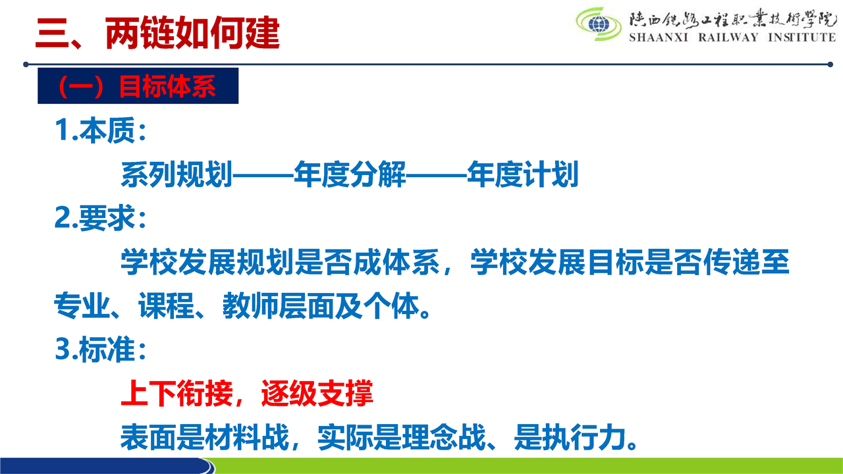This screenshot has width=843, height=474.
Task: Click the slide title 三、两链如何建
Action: (x=157, y=33)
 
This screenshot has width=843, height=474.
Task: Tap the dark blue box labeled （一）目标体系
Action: (x=138, y=86)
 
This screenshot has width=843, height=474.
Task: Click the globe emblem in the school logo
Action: (x=599, y=24)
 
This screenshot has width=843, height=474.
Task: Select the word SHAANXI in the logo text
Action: (x=659, y=38)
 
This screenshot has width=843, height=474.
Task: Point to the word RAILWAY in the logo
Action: (x=728, y=38)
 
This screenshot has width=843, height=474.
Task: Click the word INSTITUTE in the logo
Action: (x=802, y=38)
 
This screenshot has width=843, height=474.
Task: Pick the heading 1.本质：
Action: (x=101, y=130)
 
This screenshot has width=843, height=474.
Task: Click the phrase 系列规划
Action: (x=176, y=174)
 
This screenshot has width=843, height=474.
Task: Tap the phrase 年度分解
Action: (x=350, y=174)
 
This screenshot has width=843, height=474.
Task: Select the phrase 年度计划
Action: (x=523, y=174)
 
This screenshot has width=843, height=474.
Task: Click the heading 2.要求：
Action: (x=101, y=218)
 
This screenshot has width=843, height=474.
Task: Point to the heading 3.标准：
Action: (x=101, y=349)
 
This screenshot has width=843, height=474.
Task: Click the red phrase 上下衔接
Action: (x=177, y=393)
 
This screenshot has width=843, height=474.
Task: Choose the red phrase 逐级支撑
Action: (x=317, y=393)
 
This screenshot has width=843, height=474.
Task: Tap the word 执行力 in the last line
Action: (x=584, y=437)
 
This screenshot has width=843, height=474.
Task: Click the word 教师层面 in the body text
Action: (x=279, y=305)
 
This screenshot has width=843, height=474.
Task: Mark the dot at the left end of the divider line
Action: (x=26, y=65)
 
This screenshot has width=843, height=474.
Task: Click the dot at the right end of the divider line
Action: (x=830, y=65)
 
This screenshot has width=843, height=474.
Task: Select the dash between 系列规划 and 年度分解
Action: (x=263, y=175)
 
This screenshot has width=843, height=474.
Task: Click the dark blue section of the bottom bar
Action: (x=105, y=465)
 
